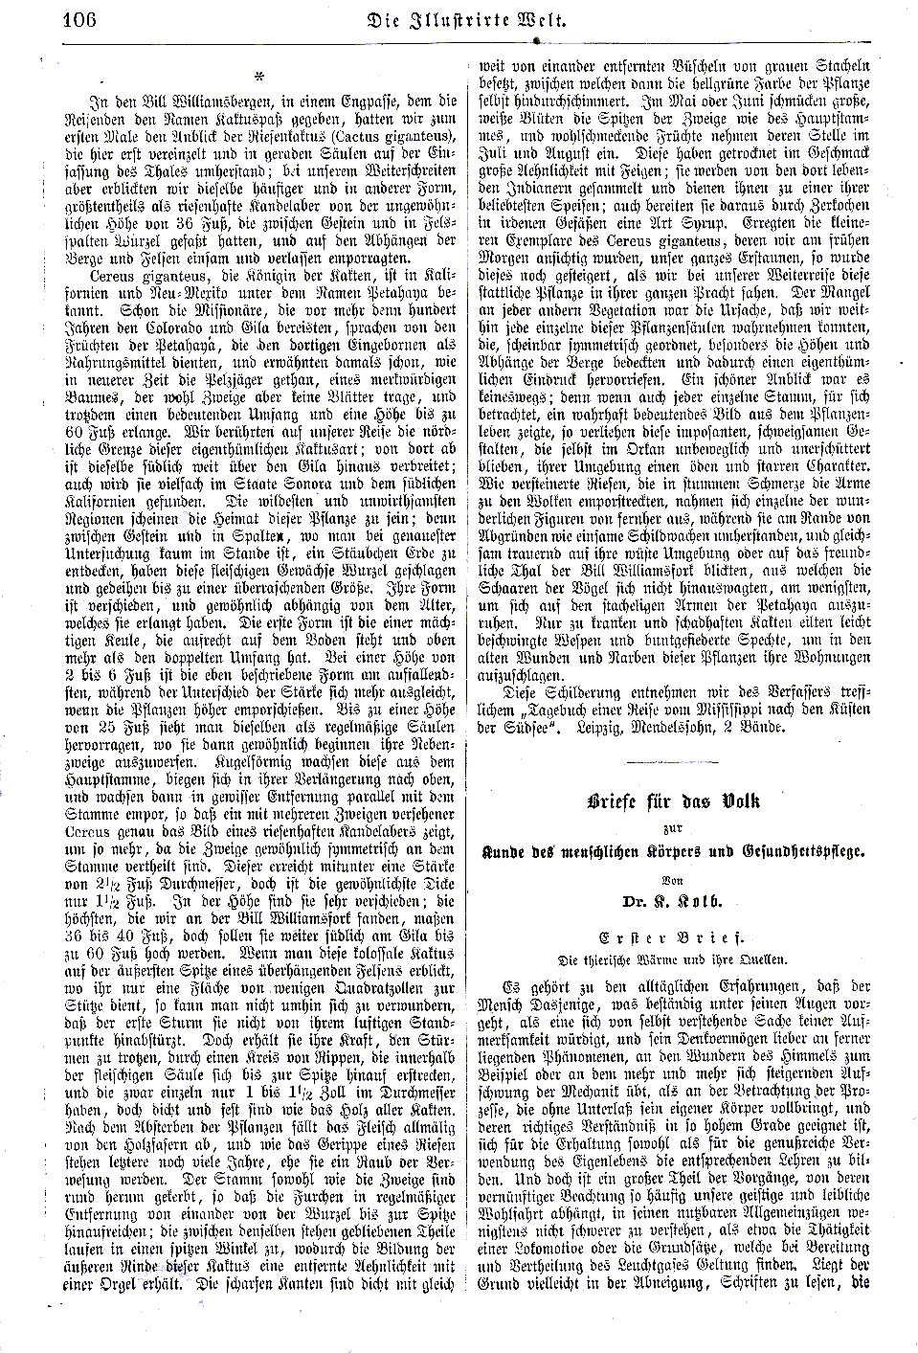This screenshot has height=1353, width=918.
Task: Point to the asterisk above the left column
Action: coord(258,77)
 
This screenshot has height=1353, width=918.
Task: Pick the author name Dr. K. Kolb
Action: coord(675,901)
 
